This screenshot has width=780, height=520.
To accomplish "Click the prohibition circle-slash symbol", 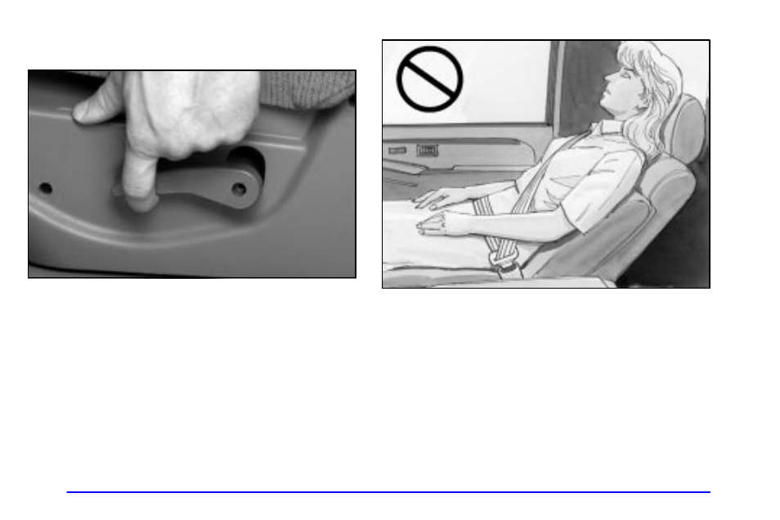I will click(x=429, y=78).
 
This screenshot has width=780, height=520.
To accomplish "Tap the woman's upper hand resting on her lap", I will click(x=434, y=197).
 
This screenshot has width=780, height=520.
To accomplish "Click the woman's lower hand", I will click(x=434, y=226).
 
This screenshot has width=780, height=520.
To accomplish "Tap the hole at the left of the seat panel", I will click(x=46, y=188).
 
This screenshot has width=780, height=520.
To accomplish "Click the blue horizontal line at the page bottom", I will click(x=388, y=492).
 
